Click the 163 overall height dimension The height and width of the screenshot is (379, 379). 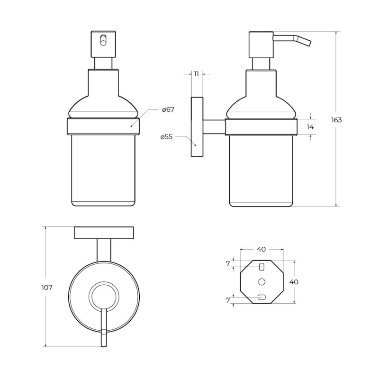click(x=336, y=120)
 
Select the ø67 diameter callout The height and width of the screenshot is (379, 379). click(x=168, y=109)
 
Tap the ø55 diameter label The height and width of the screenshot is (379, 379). click(x=166, y=137)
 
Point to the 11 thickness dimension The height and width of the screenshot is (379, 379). click(x=196, y=74)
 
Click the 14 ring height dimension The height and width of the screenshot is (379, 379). click(x=310, y=127)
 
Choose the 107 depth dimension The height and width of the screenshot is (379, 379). click(x=47, y=288)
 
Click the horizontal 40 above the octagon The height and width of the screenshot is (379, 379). click(x=262, y=249)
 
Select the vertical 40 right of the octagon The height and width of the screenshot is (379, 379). click(x=294, y=282)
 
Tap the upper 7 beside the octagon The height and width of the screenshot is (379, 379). click(x=228, y=264)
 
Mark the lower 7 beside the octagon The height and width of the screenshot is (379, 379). click(x=228, y=300)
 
